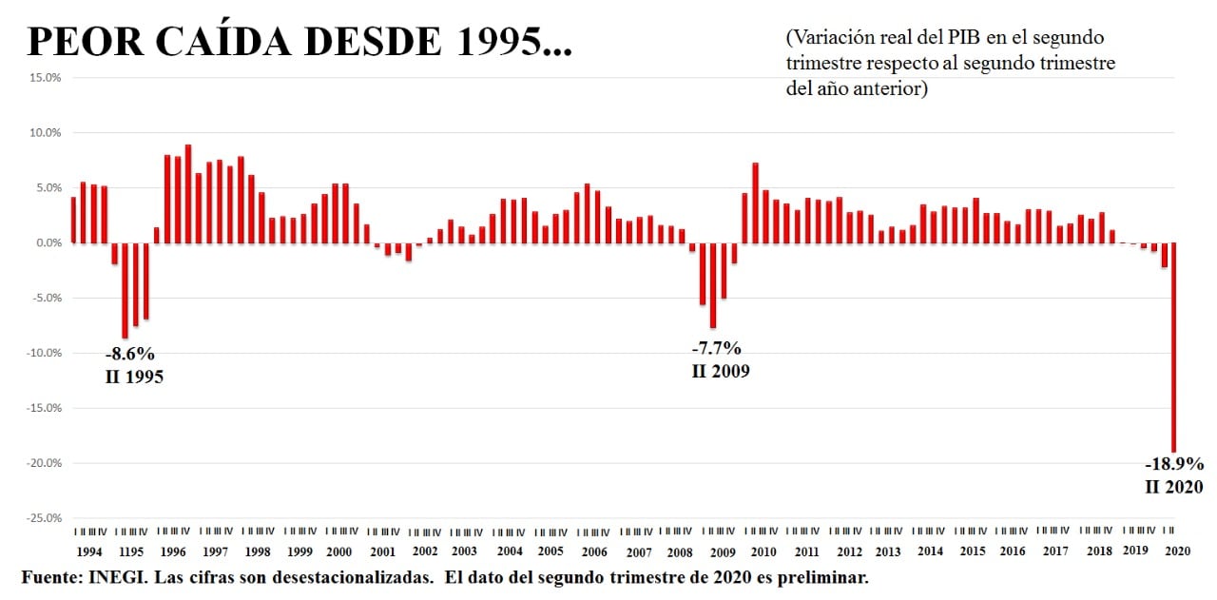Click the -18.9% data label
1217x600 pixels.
pos(1174,465)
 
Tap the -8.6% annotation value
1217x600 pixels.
pos(129,355)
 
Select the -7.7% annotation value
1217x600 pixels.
pos(716,348)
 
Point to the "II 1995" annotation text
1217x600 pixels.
pos(133,377)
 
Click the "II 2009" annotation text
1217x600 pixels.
pos(720,371)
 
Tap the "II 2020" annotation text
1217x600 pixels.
pos(1174,487)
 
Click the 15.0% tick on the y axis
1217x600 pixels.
pos(46,78)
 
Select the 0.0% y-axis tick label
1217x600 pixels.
pos(48,243)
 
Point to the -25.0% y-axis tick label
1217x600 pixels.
pos(44,518)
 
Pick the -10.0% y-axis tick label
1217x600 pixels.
pos(44,354)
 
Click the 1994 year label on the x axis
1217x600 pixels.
pos(89,552)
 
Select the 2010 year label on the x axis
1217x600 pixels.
pos(763,552)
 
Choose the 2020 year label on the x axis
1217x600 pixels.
pos(1177,552)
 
